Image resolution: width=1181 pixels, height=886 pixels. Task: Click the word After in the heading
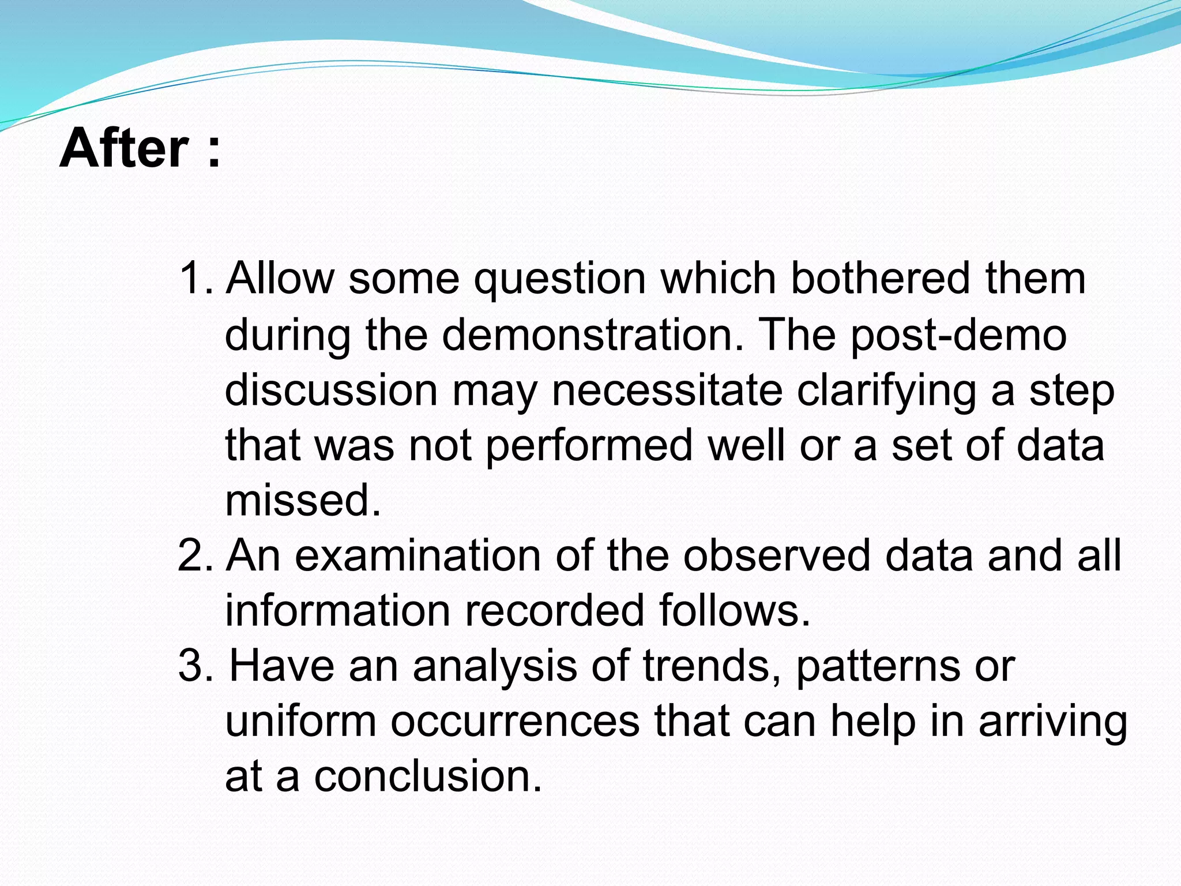tap(124, 148)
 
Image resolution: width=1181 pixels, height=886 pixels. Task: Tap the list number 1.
tap(194, 278)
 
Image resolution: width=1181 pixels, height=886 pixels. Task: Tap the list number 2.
tap(194, 555)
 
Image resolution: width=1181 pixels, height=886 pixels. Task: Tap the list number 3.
tap(194, 666)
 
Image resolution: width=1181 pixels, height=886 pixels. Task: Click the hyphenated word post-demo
tap(958, 335)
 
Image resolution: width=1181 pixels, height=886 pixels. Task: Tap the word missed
tap(303, 500)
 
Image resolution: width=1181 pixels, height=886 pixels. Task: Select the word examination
tap(418, 555)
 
